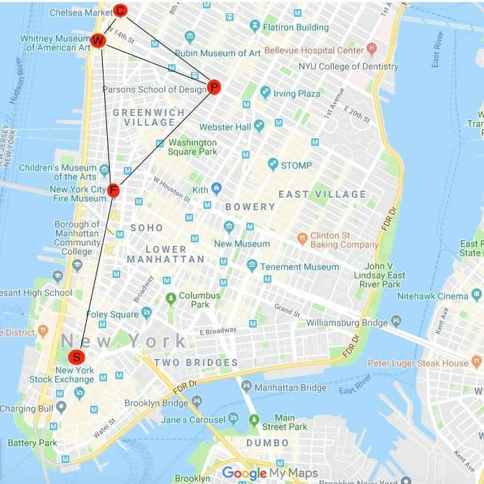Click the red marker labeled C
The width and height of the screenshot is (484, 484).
tap(120, 10)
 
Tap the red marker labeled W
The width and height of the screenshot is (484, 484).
tap(98, 41)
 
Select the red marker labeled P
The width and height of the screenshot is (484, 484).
tap(214, 87)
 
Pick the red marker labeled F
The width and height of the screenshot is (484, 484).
tap(113, 190)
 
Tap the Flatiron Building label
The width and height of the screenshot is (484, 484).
tap(295, 27)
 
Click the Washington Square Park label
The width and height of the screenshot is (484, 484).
tap(192, 147)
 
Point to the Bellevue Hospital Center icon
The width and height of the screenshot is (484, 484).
tap(371, 50)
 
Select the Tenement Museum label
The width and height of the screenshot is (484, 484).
tap(299, 267)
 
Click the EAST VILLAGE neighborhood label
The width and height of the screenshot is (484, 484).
tap(322, 194)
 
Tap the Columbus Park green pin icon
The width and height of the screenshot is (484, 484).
tap(170, 298)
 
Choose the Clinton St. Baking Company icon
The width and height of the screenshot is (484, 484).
tap(302, 237)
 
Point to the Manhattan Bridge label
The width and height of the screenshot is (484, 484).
tap(290, 388)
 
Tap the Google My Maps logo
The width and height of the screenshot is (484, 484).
tap(269, 474)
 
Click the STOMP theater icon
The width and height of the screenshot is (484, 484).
tap(273, 164)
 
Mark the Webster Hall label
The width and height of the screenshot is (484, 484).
tap(225, 127)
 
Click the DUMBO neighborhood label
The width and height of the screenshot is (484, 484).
tap(267, 443)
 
